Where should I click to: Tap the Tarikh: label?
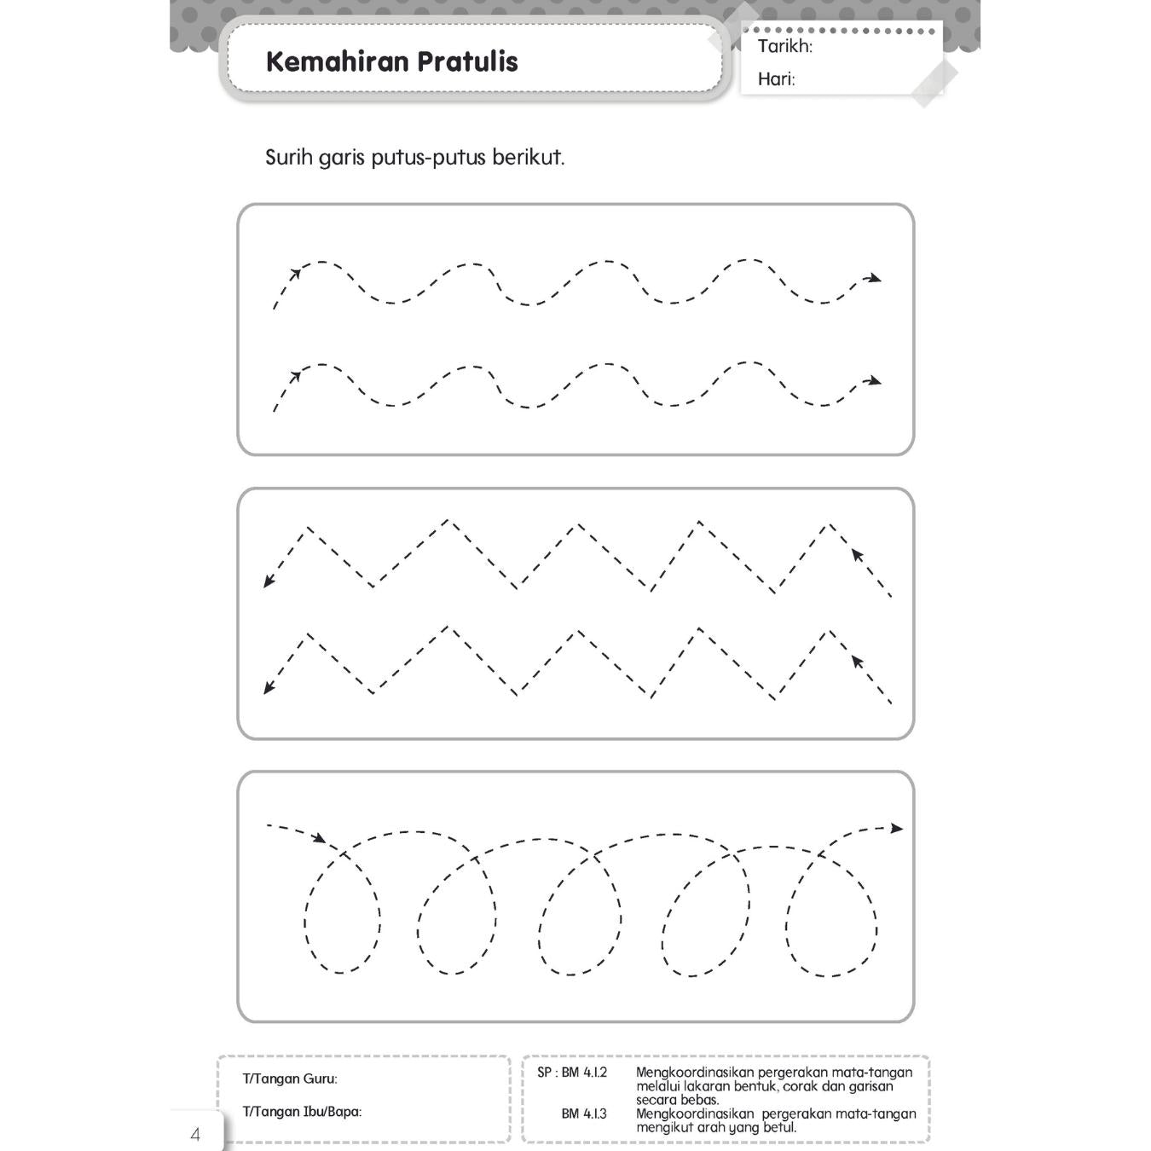[x=784, y=46]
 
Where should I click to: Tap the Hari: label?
[x=776, y=79]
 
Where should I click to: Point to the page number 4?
[x=195, y=1135]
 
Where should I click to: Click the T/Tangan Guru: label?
[x=290, y=1079]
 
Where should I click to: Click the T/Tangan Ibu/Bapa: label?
[x=302, y=1112]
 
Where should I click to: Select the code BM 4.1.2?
[x=584, y=1073]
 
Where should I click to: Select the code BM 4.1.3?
[x=584, y=1113]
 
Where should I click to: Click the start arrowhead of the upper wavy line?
[x=295, y=275]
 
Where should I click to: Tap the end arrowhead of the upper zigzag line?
[x=269, y=581]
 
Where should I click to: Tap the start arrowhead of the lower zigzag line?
[x=857, y=661]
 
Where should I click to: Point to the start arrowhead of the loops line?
[x=319, y=839]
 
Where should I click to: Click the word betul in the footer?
[x=780, y=1127]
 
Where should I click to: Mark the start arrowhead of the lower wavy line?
[x=295, y=376]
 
